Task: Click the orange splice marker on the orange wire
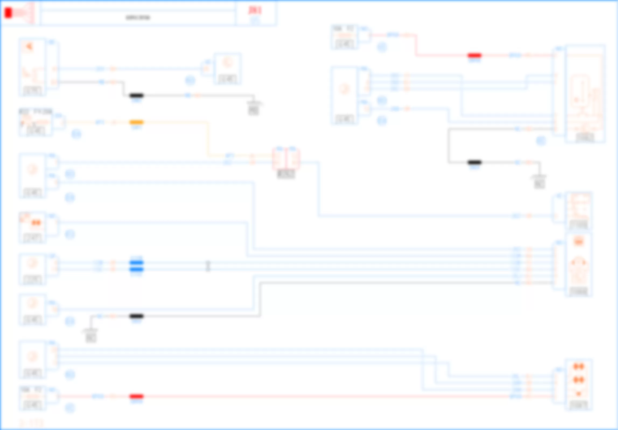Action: (x=137, y=122)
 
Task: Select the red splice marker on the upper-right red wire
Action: (x=474, y=55)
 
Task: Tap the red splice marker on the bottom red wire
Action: (x=137, y=396)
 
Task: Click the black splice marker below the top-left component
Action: (x=137, y=95)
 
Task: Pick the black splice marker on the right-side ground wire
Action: (x=474, y=162)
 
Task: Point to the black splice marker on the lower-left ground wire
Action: (x=137, y=316)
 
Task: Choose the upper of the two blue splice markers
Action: (x=137, y=263)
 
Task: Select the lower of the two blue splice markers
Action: (x=137, y=269)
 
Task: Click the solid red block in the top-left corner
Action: (x=8, y=13)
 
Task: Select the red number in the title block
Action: (x=255, y=10)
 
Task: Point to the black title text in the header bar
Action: (x=138, y=18)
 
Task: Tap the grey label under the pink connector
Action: (x=286, y=174)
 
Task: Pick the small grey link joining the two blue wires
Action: (x=208, y=266)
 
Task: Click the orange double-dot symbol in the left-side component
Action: (x=36, y=223)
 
